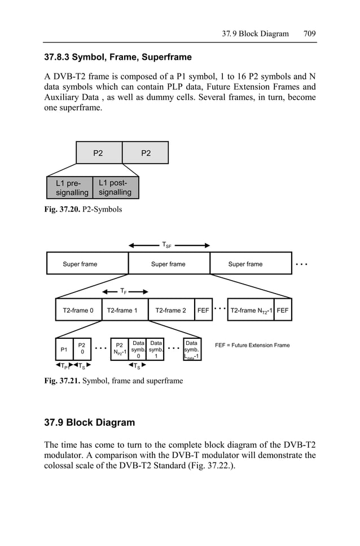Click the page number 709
[309, 33]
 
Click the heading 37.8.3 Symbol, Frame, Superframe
[118, 57]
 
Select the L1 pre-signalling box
[69, 188]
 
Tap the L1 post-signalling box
[115, 187]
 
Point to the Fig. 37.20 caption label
[62, 209]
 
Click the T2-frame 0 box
[78, 310]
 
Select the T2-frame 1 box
[122, 310]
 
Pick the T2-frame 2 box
[170, 310]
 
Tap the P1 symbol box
[64, 350]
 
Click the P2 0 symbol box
[82, 350]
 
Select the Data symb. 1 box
[156, 350]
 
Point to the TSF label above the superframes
[167, 245]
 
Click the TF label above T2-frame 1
[123, 291]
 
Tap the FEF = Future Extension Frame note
[252, 345]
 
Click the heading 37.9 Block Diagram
[90, 423]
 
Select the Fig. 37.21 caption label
[62, 381]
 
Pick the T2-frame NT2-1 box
[250, 310]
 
